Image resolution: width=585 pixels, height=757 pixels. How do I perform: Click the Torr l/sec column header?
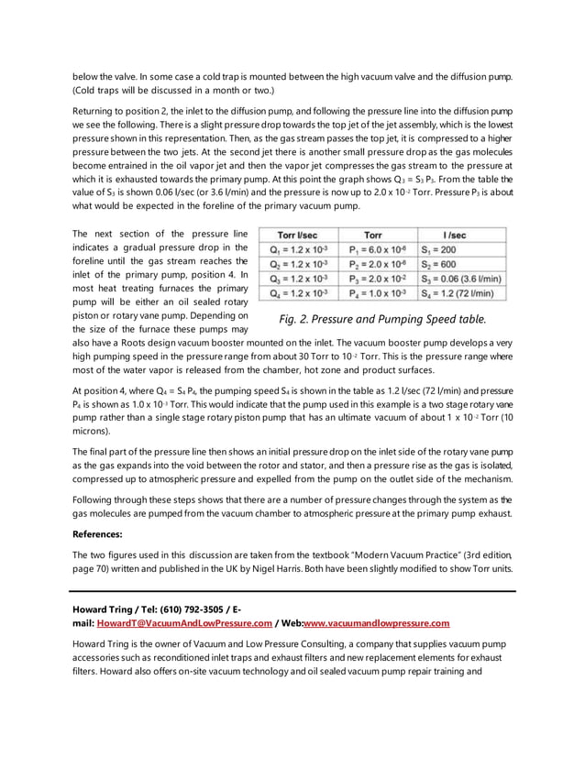[298, 235]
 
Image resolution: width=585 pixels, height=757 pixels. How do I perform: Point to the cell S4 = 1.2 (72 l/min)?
[458, 293]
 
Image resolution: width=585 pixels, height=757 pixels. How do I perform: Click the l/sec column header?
[458, 235]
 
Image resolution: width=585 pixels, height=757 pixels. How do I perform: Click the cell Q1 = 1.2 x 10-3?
[298, 249]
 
